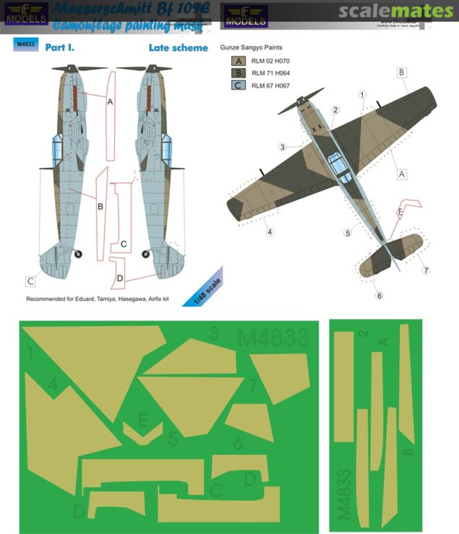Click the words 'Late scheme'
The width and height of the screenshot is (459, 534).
point(178,48)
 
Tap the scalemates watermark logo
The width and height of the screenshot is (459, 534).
point(395,11)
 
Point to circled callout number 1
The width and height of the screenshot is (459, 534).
point(363,94)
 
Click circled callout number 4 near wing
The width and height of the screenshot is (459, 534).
point(270,231)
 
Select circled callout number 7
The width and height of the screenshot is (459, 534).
point(425,270)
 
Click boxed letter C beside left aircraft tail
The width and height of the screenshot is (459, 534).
point(31,281)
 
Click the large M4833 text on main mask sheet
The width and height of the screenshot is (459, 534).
point(273,339)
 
